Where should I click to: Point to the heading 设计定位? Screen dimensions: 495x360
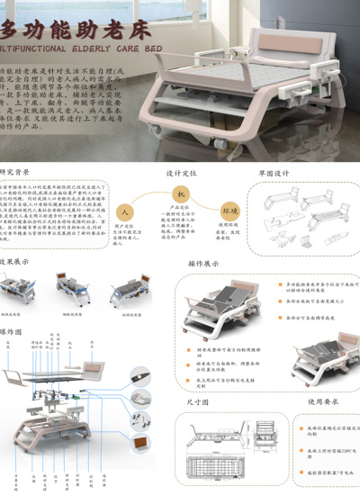[181, 172]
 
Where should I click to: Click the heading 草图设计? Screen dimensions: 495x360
[274, 172]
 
